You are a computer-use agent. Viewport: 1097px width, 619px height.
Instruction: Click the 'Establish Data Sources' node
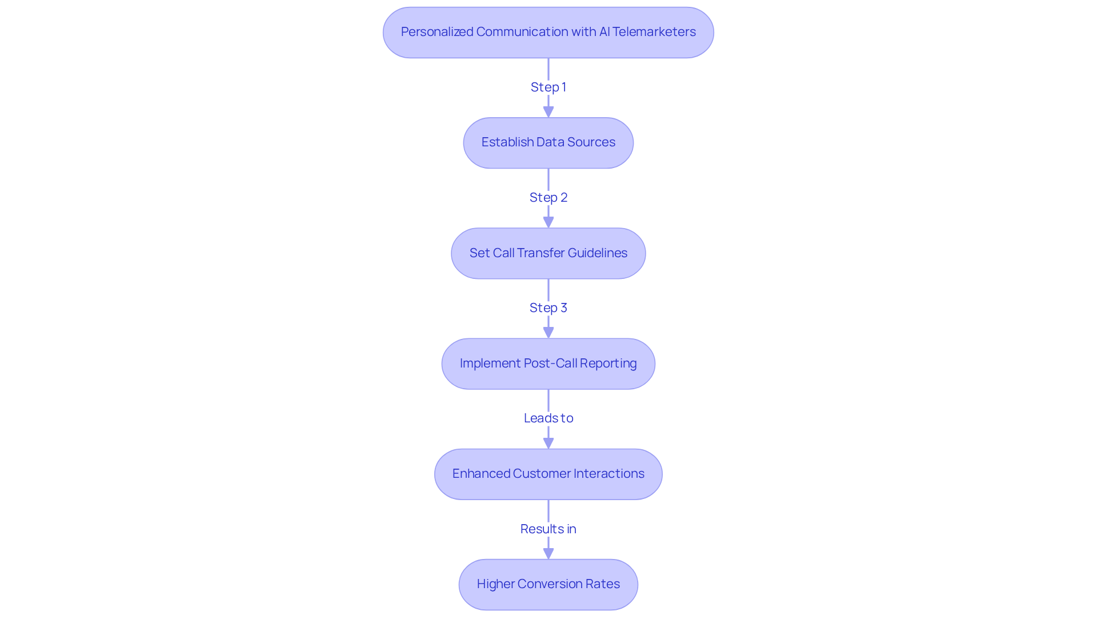(x=548, y=143)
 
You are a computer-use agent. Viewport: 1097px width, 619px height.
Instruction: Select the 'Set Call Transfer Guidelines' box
(x=548, y=253)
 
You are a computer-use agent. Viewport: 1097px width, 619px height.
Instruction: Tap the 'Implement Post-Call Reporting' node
(x=548, y=364)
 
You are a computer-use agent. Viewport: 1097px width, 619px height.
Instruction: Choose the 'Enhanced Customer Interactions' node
(x=548, y=474)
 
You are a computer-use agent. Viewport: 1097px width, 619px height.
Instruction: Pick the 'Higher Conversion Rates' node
(x=548, y=584)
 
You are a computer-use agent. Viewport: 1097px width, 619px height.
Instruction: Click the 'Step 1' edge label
(x=548, y=87)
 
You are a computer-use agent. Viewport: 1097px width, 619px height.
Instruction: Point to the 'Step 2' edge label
(x=548, y=197)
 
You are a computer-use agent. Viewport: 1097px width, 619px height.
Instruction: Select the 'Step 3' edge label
(x=548, y=307)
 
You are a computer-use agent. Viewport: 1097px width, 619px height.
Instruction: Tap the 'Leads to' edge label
(x=548, y=418)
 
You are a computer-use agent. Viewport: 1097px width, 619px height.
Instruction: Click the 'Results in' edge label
(x=548, y=529)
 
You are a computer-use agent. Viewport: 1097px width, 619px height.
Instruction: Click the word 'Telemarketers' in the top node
(x=654, y=31)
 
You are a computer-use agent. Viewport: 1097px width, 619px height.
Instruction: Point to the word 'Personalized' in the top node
(x=437, y=31)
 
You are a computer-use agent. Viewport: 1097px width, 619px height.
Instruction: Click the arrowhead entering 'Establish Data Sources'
(x=548, y=111)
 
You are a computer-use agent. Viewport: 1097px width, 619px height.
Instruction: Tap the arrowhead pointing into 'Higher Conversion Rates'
(x=548, y=553)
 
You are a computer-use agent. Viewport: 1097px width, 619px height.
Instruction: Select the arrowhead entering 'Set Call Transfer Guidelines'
(x=548, y=222)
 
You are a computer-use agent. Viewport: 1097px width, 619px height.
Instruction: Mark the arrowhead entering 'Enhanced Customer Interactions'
(x=548, y=443)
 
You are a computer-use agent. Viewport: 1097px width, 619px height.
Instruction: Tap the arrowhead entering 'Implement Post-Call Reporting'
(x=548, y=332)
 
